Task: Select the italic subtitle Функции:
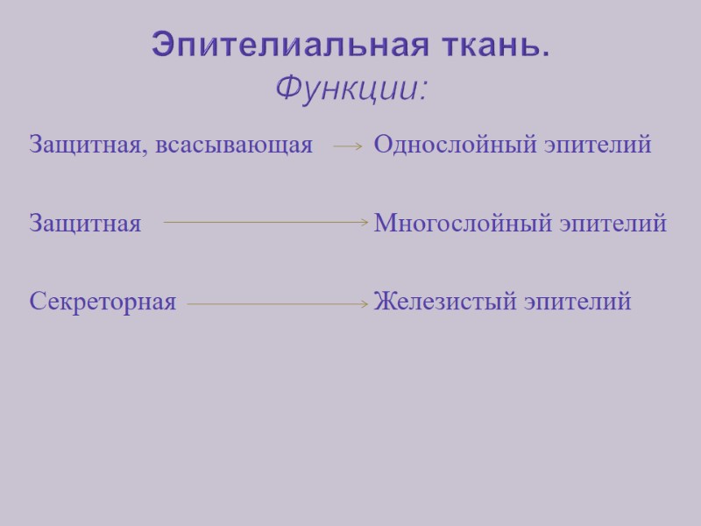pyautogui.click(x=351, y=88)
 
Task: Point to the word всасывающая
pyautogui.click(x=234, y=146)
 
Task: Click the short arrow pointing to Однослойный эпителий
pyautogui.click(x=348, y=148)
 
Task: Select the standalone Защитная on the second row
pyautogui.click(x=85, y=224)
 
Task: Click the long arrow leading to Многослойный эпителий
pyautogui.click(x=266, y=224)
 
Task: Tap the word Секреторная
pyautogui.click(x=103, y=302)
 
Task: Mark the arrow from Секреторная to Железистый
pyautogui.click(x=277, y=304)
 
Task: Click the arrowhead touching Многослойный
pyautogui.click(x=365, y=224)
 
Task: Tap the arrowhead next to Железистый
pyautogui.click(x=365, y=304)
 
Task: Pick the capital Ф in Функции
pyautogui.click(x=287, y=88)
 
